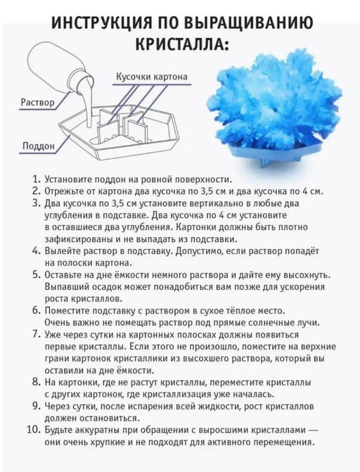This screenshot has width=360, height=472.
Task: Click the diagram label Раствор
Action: [38, 102]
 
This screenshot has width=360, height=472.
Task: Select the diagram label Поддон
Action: [39, 146]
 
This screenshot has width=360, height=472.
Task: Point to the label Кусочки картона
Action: [152, 77]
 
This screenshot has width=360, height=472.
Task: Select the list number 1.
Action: [37, 179]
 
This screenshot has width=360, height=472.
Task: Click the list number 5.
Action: [36, 275]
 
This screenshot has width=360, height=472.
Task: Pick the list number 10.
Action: [34, 430]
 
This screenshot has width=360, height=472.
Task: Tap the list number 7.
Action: [36, 334]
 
